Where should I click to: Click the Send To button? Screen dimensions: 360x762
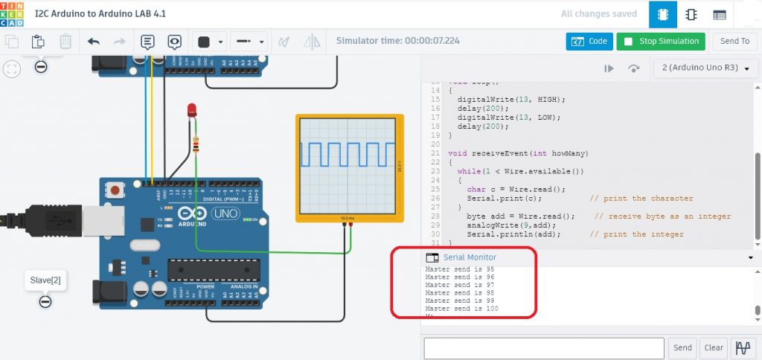(x=735, y=41)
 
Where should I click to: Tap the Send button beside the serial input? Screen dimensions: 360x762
(x=682, y=347)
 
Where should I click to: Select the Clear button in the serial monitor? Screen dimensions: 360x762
(x=714, y=347)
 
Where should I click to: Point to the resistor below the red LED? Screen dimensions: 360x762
(x=196, y=144)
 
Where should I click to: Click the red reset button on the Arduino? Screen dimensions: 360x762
(x=115, y=191)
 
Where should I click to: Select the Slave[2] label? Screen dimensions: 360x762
(x=45, y=280)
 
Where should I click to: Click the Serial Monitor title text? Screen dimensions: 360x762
(x=470, y=257)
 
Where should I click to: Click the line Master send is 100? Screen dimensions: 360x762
(x=461, y=308)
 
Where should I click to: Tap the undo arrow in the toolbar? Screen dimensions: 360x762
(x=94, y=42)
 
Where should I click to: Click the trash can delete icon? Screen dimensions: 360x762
(x=65, y=42)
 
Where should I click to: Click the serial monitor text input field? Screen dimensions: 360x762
(x=543, y=347)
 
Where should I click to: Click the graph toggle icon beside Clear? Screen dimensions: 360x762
(x=742, y=347)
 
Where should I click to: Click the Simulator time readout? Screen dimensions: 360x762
(x=397, y=41)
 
